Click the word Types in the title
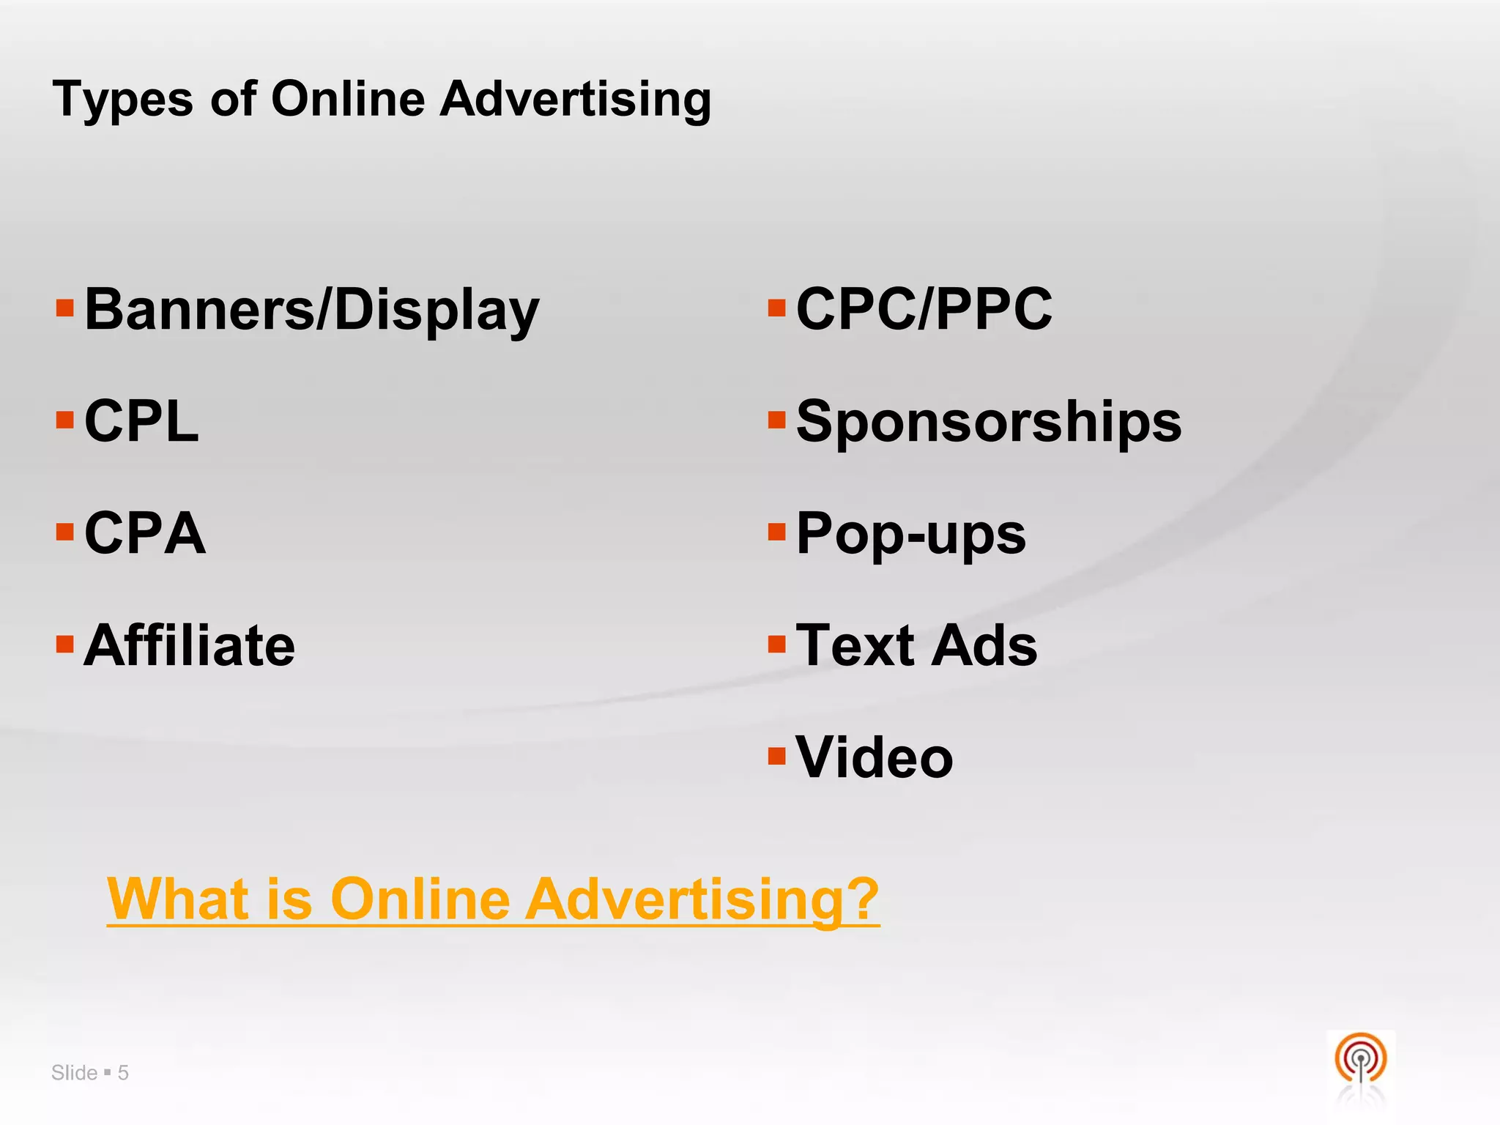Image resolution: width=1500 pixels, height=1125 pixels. click(123, 100)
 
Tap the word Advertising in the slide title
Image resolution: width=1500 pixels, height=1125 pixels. click(575, 100)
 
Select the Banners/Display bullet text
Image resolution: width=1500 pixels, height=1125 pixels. click(311, 311)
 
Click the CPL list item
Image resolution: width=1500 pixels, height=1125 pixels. click(141, 422)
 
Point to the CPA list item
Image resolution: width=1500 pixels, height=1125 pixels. click(145, 534)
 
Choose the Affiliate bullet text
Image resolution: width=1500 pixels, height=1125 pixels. click(190, 646)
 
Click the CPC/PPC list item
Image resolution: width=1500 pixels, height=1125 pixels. click(924, 309)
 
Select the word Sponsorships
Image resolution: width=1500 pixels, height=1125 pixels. click(989, 422)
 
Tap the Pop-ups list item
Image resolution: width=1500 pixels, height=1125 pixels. click(911, 534)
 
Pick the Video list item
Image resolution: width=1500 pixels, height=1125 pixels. click(875, 757)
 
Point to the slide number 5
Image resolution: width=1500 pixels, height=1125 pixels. click(123, 1073)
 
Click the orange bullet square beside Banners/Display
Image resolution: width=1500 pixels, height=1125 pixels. click(65, 308)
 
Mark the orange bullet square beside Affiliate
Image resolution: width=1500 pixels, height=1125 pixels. click(65, 644)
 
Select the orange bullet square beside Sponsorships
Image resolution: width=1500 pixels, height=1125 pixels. click(776, 420)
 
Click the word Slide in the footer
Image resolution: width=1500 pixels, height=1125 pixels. click(75, 1073)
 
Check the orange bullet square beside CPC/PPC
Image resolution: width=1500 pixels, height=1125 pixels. click(776, 308)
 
